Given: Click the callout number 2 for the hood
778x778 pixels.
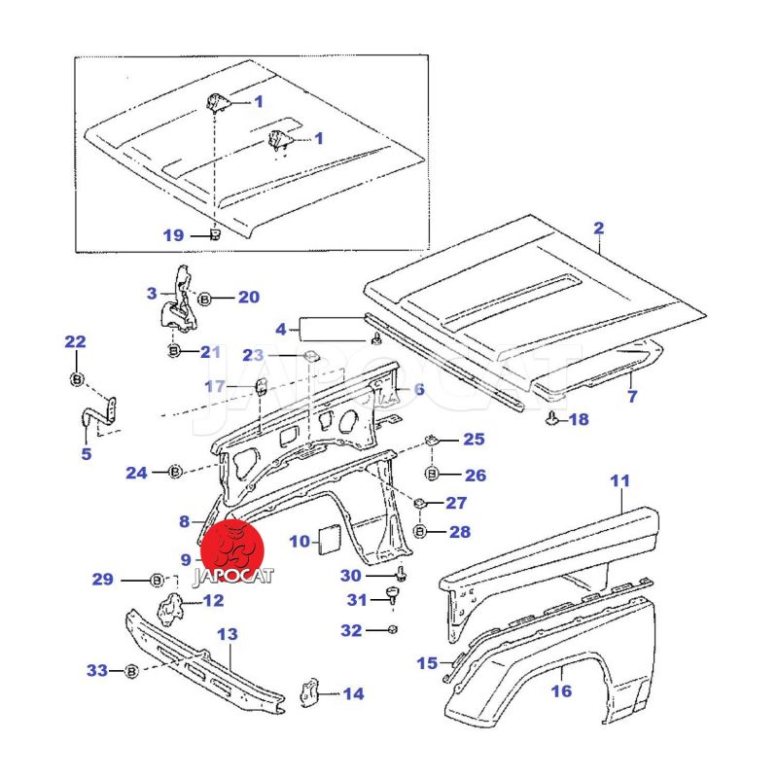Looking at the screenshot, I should click(x=599, y=229).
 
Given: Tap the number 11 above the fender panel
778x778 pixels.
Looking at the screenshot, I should click(x=620, y=480).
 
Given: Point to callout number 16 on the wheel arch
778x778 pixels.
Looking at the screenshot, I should click(x=561, y=691).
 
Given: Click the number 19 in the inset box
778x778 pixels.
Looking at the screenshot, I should click(x=173, y=235).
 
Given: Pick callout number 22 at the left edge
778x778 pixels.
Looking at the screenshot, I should click(x=75, y=341).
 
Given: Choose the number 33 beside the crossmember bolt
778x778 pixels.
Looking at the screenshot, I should click(x=96, y=670).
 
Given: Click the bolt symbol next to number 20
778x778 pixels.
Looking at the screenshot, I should click(x=205, y=299).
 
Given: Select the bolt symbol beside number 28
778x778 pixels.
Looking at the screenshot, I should click(x=420, y=532).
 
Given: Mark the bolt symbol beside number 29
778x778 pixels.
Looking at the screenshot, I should click(x=157, y=581).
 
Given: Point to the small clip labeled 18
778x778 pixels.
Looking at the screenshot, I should click(x=551, y=419).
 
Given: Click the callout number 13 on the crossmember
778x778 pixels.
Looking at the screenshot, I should click(x=226, y=634).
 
